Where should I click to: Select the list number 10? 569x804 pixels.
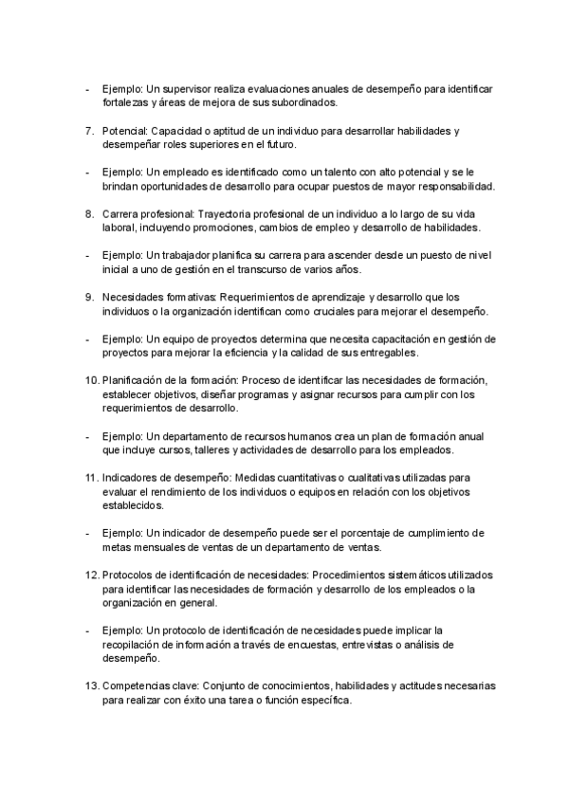pos(90,379)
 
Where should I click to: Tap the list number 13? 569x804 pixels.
pos(90,685)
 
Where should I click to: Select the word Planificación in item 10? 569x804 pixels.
pos(133,379)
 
